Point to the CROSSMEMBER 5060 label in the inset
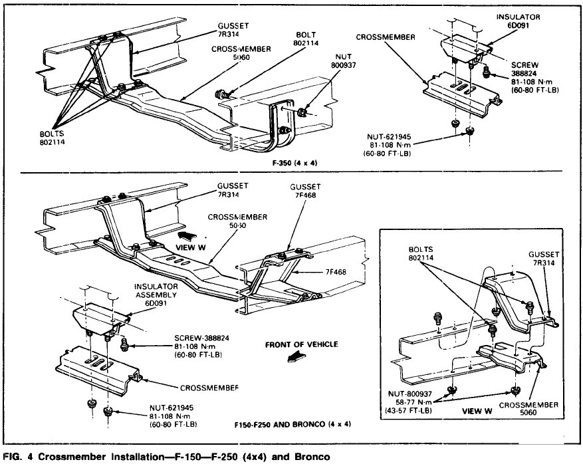click(542, 406)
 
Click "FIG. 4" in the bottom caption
click(19, 457)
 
